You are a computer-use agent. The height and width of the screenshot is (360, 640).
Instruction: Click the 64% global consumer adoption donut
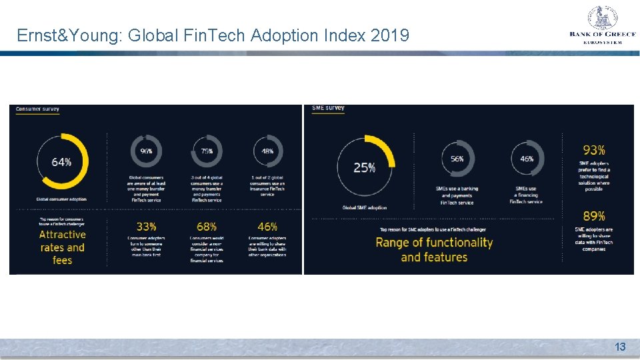61,162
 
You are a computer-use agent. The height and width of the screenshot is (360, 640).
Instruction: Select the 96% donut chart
146,151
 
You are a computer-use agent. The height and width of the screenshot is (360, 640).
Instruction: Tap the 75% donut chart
207,151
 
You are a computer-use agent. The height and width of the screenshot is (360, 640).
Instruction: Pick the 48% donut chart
267,151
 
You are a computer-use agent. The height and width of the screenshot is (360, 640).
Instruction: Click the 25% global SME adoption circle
365,167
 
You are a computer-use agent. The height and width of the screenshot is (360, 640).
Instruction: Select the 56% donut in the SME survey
457,159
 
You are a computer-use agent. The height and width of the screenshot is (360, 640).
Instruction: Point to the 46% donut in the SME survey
527,159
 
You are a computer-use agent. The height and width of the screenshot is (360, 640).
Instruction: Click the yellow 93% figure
593,151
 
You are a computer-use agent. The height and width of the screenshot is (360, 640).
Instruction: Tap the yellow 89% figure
593,216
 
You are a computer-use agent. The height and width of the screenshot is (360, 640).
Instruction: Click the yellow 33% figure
146,227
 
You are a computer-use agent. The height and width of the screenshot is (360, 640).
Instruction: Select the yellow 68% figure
207,227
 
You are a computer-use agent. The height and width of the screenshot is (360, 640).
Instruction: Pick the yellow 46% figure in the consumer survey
267,227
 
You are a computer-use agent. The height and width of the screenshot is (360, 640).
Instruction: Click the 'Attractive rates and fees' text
62,247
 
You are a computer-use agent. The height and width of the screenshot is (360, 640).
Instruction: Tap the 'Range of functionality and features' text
434,249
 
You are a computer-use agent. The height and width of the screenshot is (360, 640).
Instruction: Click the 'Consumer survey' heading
37,109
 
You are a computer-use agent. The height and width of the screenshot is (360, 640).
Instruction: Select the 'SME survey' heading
328,107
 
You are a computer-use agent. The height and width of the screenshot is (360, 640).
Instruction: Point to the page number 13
620,347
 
